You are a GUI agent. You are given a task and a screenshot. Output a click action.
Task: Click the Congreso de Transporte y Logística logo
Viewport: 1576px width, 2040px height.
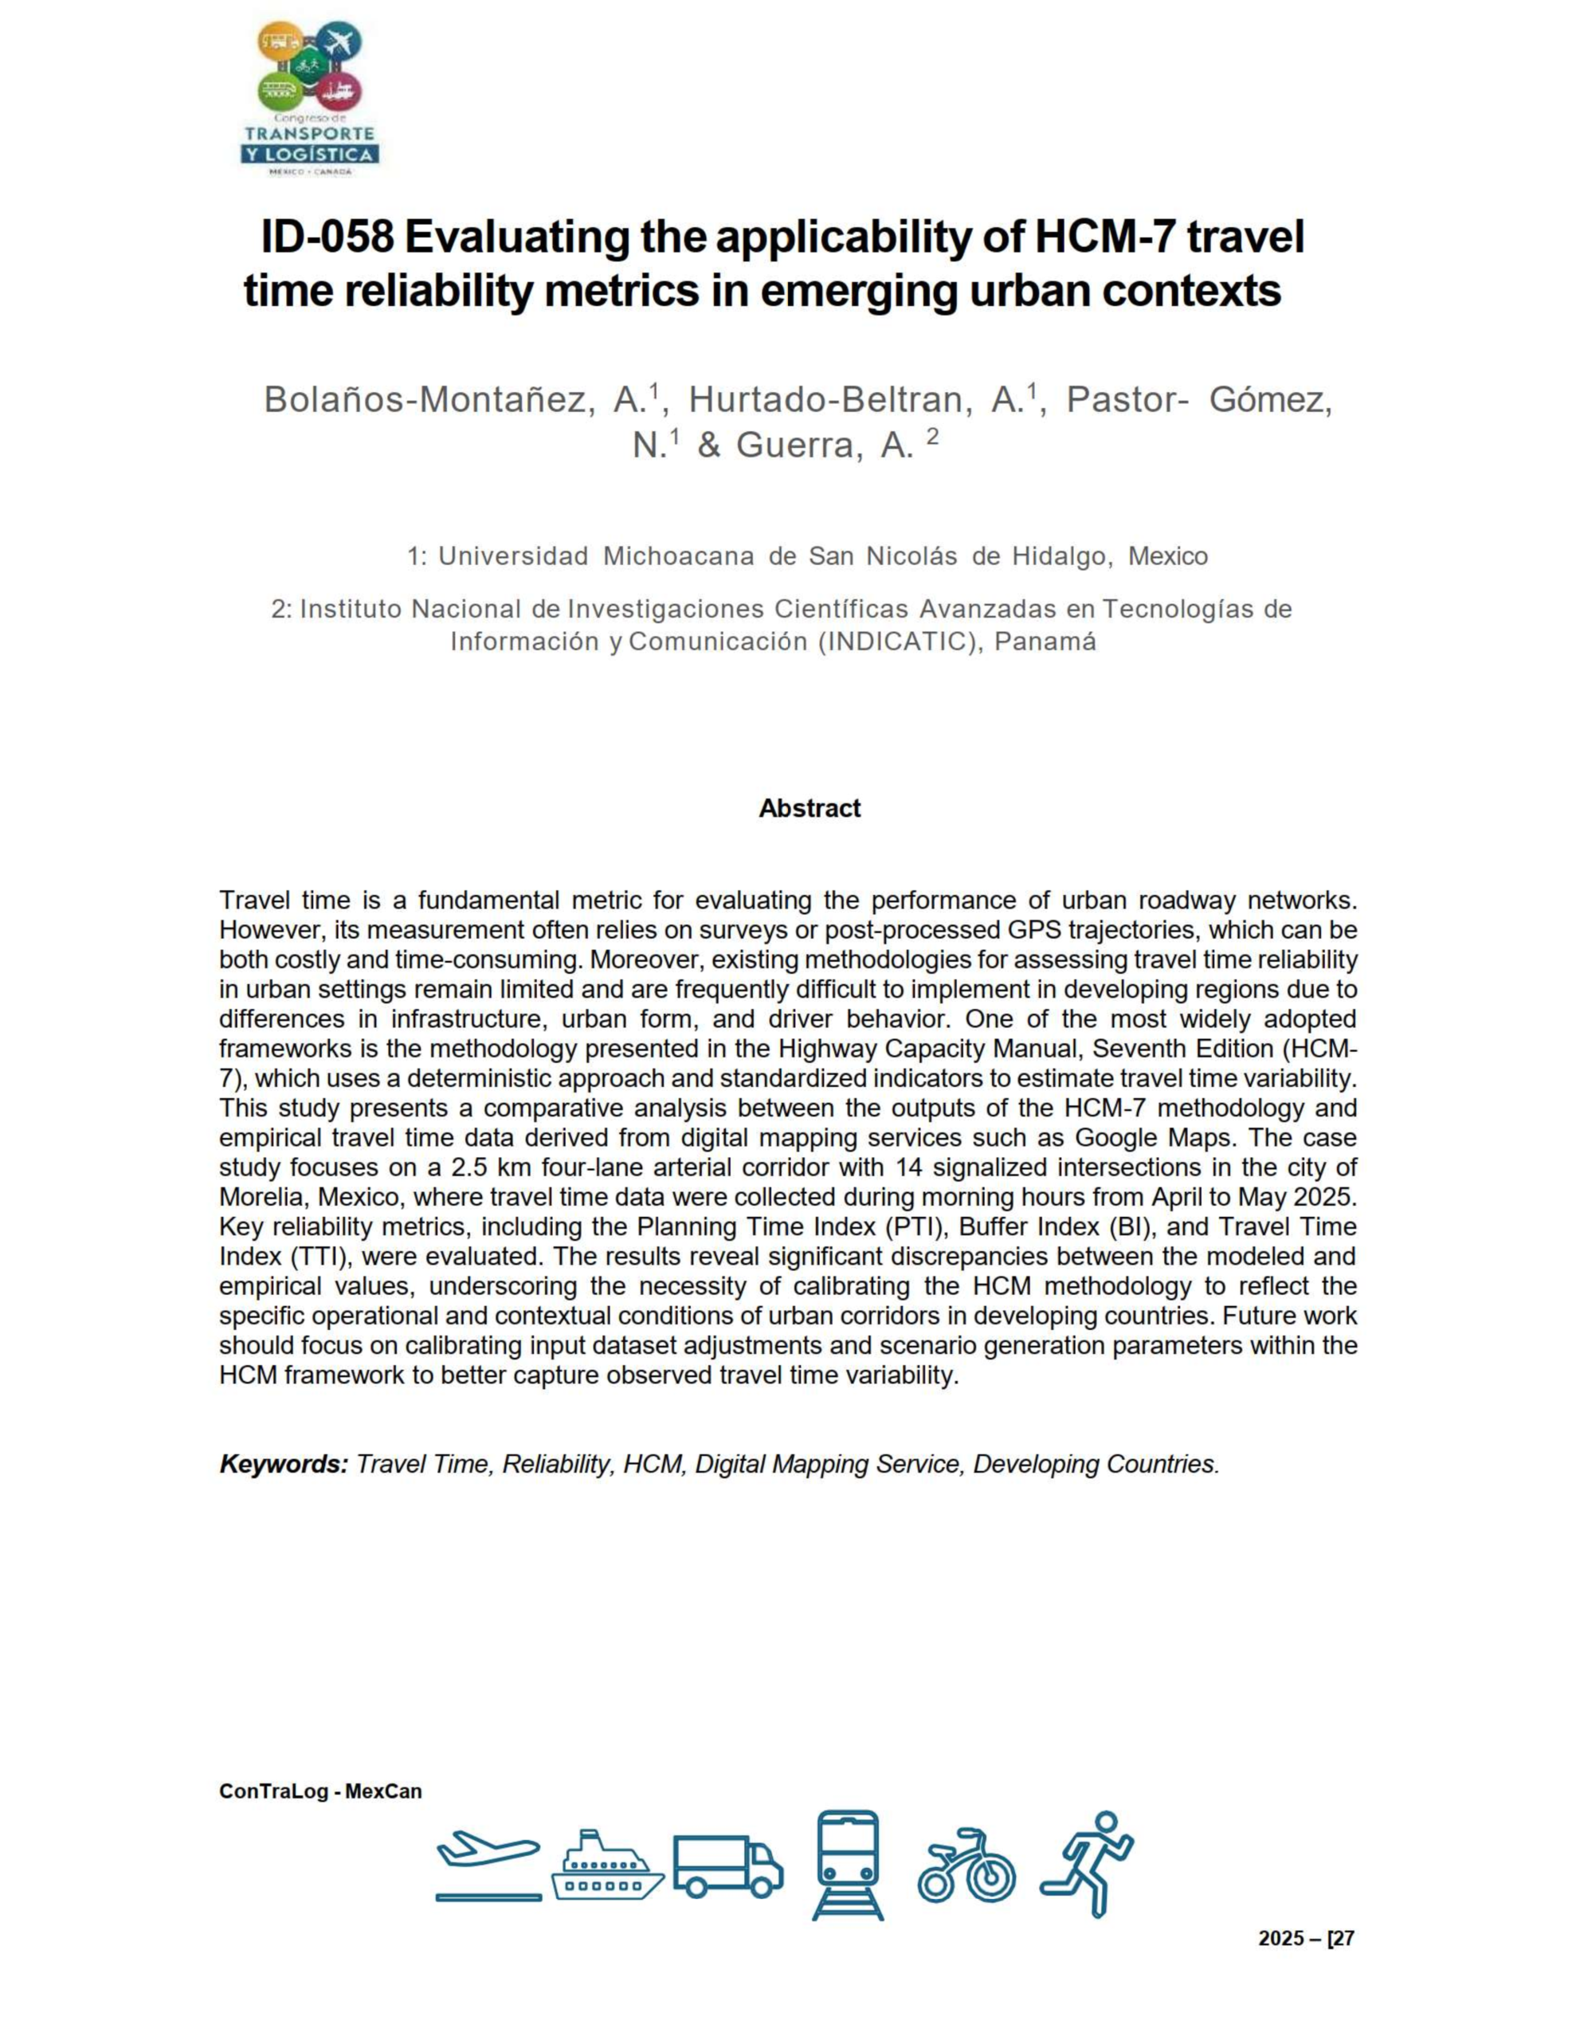tap(309, 98)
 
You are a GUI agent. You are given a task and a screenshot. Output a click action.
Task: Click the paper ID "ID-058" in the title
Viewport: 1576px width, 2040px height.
tap(326, 237)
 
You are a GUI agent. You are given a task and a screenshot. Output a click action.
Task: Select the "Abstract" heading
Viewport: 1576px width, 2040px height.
tap(809, 808)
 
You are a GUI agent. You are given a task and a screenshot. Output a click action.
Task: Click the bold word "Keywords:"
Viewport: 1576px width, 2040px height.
tap(283, 1464)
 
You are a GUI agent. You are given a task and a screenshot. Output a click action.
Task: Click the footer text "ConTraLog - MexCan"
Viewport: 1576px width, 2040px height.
tap(320, 1791)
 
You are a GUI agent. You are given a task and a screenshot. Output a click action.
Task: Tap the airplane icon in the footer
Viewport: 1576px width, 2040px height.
tap(488, 1865)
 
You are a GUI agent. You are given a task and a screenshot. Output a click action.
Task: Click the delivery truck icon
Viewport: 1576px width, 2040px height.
tap(727, 1866)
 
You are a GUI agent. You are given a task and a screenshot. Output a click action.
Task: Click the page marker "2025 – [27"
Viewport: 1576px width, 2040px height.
tap(1305, 1938)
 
